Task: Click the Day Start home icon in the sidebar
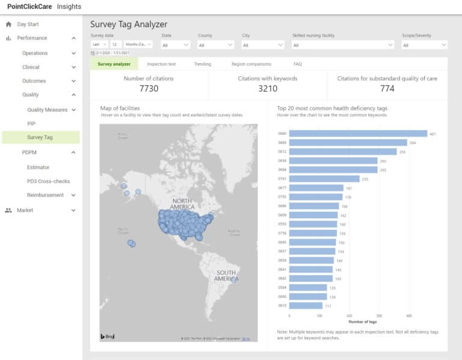8,25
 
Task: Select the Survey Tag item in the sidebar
40,137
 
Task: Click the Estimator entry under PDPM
38,167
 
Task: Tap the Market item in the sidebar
25,210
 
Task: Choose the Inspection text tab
161,64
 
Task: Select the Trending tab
202,64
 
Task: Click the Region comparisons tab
251,64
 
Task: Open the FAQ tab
298,64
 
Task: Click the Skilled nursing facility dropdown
343,45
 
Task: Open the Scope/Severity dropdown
424,45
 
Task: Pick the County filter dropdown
215,45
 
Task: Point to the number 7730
149,88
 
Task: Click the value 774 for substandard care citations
387,88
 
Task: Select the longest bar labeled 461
358,134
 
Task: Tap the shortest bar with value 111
306,305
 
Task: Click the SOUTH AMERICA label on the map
227,276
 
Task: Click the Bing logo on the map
107,336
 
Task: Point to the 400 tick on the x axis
408,315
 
